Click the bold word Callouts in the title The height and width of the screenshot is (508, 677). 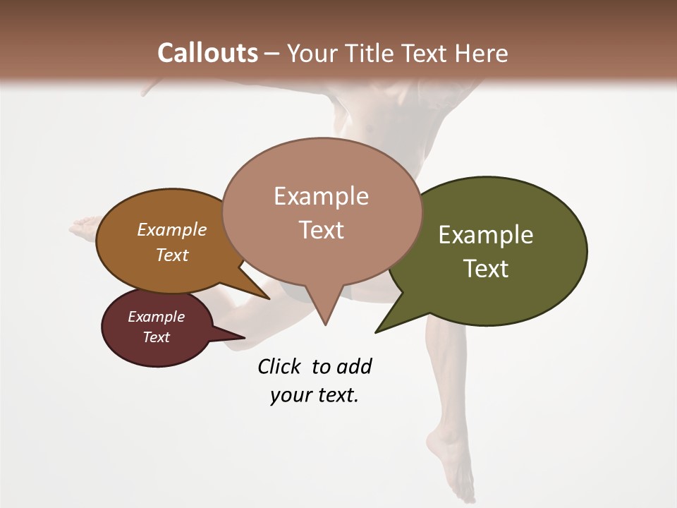(207, 54)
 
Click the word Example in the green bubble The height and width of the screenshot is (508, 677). (486, 235)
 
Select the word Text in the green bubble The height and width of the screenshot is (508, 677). (486, 269)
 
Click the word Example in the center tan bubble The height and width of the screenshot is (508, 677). (321, 196)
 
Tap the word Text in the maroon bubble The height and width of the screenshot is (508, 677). (157, 337)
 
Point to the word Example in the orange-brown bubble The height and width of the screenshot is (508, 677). (172, 230)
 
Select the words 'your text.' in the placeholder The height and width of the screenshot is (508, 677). (315, 395)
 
